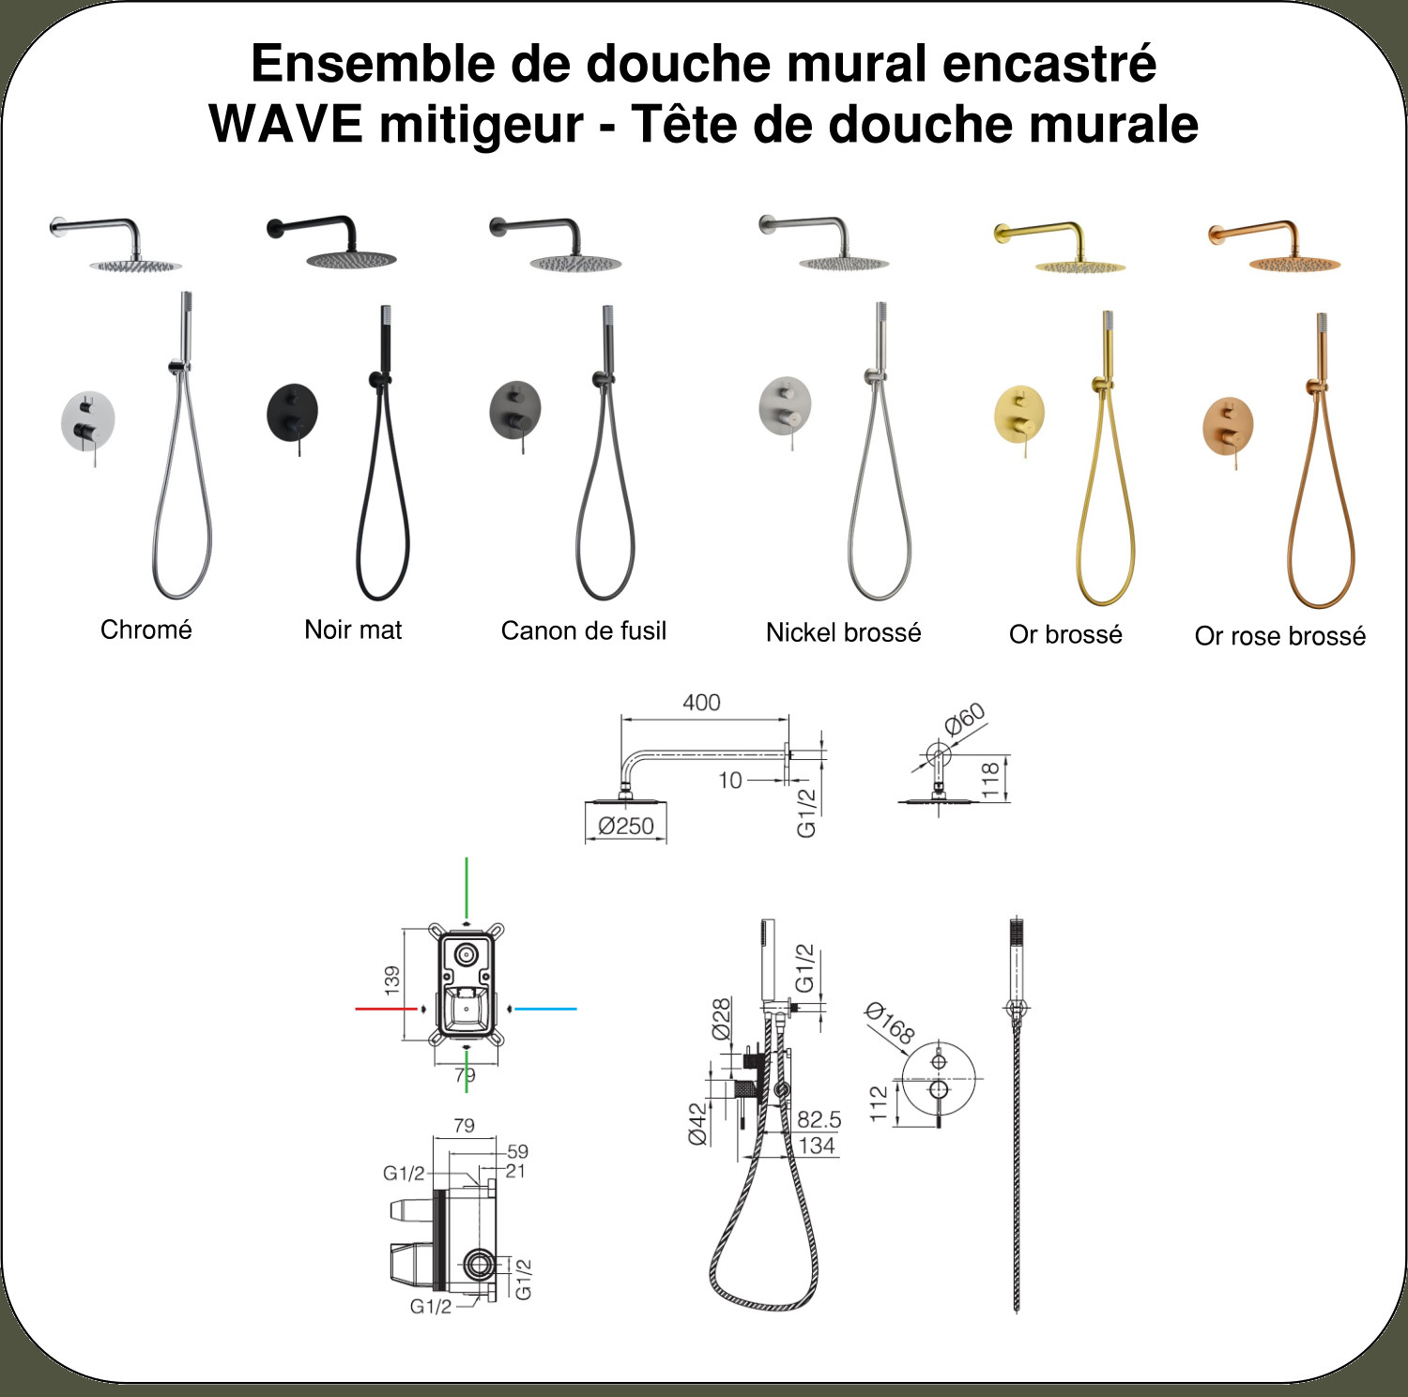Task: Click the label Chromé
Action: point(146,630)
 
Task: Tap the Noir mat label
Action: point(353,630)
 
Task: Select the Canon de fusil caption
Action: point(584,630)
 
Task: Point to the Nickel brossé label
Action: point(843,632)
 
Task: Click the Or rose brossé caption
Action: point(1280,636)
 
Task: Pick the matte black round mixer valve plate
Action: point(292,411)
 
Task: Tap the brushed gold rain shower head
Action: point(1079,266)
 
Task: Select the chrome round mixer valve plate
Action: point(88,419)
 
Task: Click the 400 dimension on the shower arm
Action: point(701,703)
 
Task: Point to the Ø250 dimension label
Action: point(626,827)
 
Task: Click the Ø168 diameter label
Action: point(889,1024)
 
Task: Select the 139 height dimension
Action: point(391,980)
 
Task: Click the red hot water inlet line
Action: point(386,1009)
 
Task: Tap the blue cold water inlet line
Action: point(545,1009)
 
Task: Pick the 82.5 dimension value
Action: point(819,1119)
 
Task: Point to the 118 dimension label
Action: point(990,779)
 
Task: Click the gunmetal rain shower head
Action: point(575,264)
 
